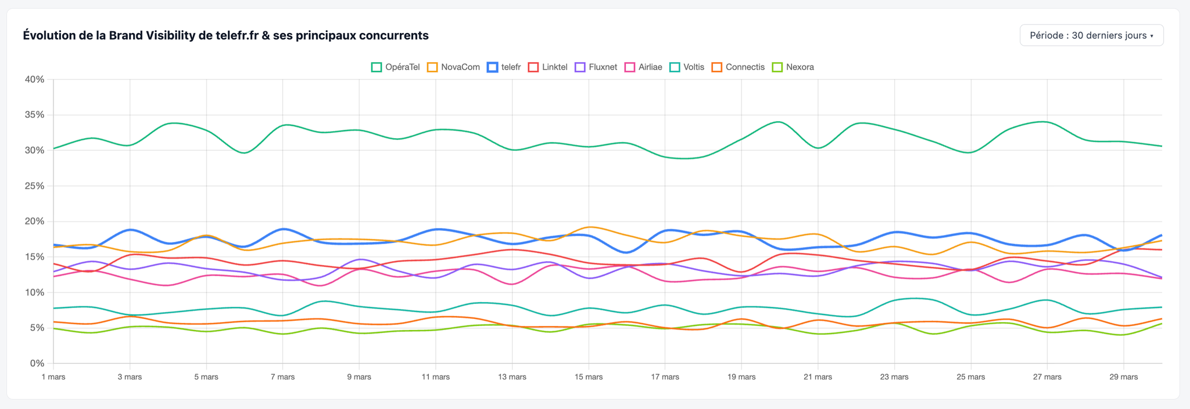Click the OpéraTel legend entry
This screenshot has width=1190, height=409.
pyautogui.click(x=395, y=67)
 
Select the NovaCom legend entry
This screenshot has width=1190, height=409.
pyautogui.click(x=454, y=67)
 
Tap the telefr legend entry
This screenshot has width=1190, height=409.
pyautogui.click(x=504, y=67)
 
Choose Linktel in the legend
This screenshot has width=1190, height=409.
pyautogui.click(x=547, y=67)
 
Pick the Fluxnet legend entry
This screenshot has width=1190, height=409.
pyautogui.click(x=596, y=67)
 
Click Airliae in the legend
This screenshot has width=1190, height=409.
pyautogui.click(x=643, y=67)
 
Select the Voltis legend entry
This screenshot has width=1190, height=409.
pyautogui.click(x=687, y=67)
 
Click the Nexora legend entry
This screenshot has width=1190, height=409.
pyautogui.click(x=793, y=67)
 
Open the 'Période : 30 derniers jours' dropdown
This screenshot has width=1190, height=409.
pyautogui.click(x=1091, y=35)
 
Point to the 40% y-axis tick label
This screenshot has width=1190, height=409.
pyautogui.click(x=34, y=79)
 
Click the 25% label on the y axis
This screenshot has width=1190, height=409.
pyautogui.click(x=34, y=186)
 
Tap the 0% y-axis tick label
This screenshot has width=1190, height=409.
pyautogui.click(x=37, y=364)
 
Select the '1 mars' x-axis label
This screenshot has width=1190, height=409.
pyautogui.click(x=53, y=377)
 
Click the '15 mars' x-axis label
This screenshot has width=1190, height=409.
pyautogui.click(x=589, y=377)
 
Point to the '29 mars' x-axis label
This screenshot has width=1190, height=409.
pyautogui.click(x=1124, y=377)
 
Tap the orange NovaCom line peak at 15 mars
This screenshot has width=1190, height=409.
pyautogui.click(x=590, y=227)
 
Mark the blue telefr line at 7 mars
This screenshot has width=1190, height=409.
pyautogui.click(x=283, y=229)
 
